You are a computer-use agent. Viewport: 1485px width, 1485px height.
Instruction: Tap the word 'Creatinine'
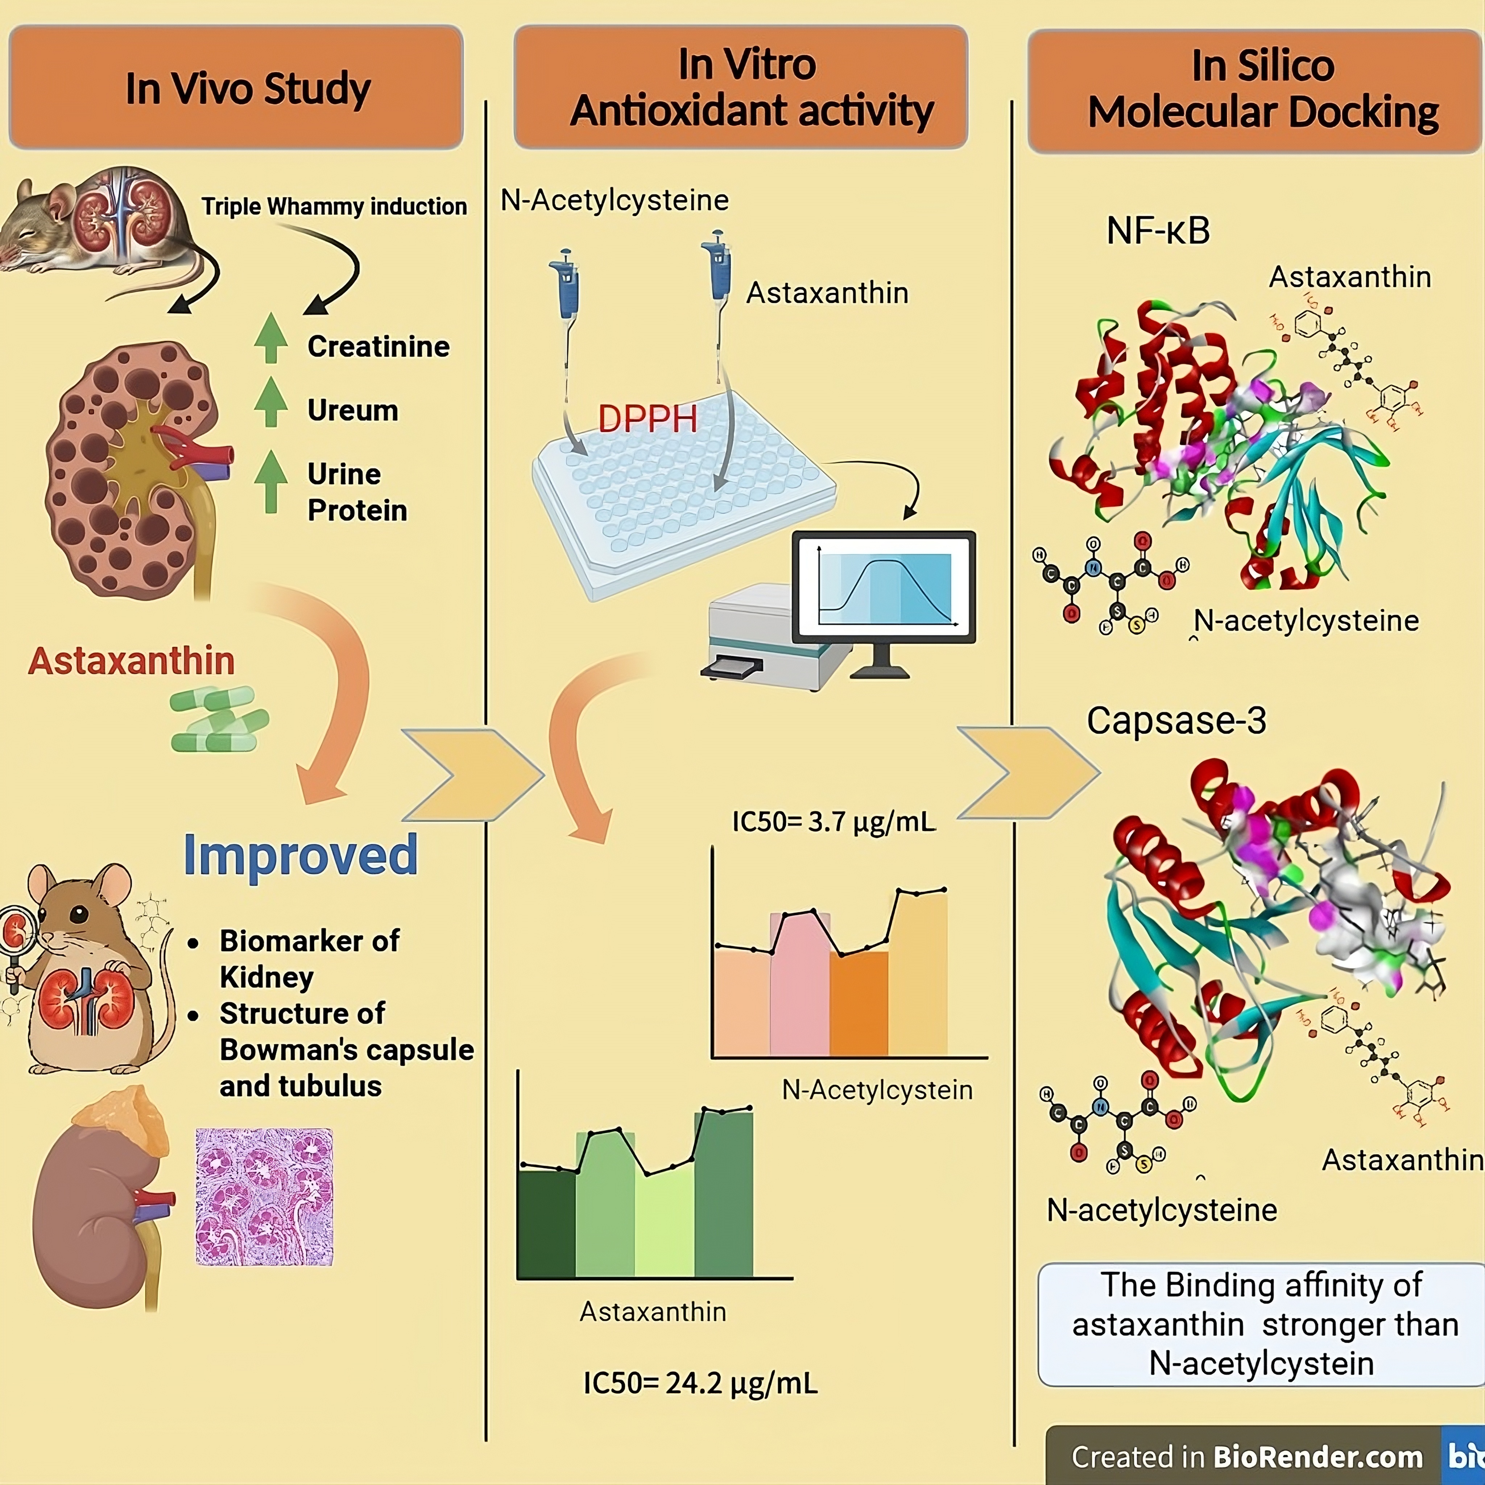378,347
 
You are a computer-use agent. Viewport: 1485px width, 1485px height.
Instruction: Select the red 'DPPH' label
647,419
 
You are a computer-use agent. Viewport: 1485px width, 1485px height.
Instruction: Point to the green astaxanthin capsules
219,719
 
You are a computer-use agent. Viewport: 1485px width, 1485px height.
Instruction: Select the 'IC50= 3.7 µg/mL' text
833,822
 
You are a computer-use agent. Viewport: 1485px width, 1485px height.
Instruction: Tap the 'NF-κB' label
1158,231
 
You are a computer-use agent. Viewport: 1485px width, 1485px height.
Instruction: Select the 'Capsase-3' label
1176,720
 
